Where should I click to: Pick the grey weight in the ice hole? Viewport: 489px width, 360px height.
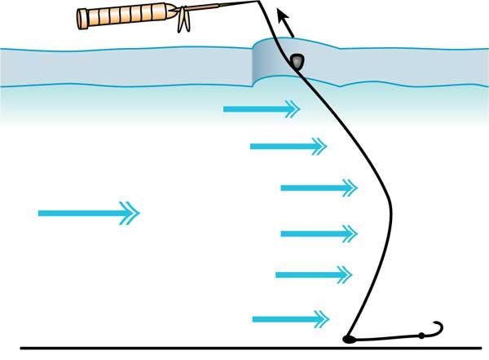tap(298, 61)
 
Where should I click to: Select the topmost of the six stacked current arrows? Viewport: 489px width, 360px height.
tap(261, 108)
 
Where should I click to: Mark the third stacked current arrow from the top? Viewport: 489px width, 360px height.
tap(318, 188)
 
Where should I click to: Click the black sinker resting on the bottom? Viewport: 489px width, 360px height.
tap(348, 338)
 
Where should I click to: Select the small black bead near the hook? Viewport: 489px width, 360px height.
tap(421, 336)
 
